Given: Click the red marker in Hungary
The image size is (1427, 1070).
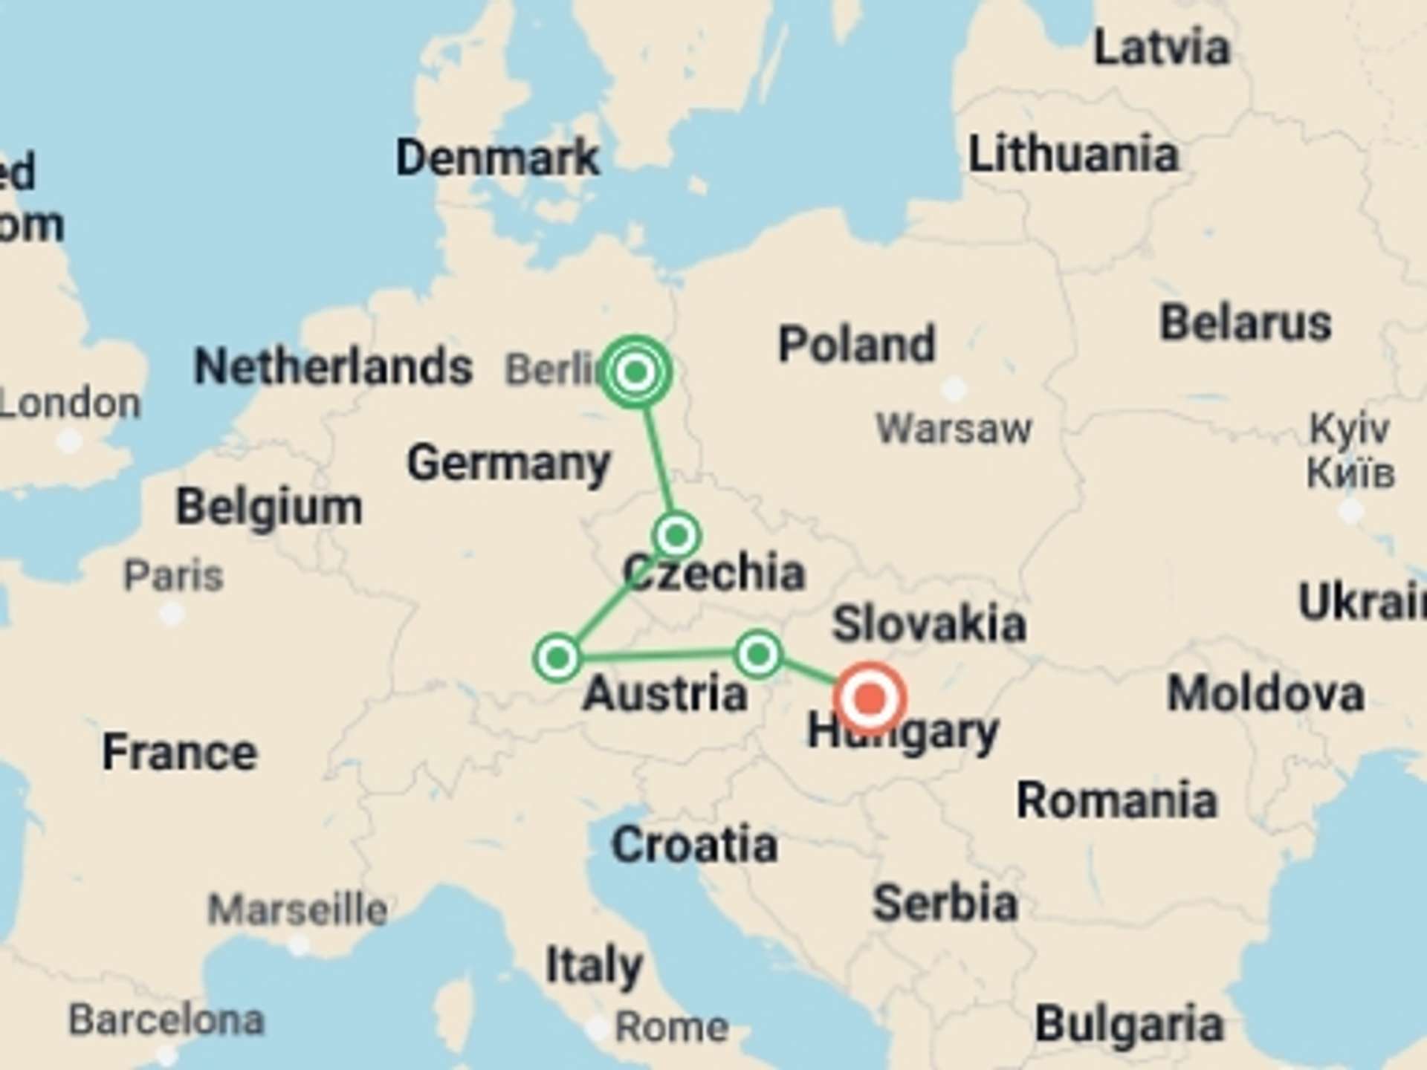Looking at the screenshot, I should click(870, 698).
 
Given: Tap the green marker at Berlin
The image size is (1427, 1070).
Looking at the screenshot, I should click(635, 372).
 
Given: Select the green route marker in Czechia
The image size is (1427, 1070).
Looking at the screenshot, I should click(676, 535).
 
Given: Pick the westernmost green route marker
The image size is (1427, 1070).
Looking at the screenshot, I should click(557, 658).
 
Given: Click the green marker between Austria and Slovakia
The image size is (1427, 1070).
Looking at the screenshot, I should click(757, 655).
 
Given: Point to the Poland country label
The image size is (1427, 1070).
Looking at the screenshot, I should click(856, 344).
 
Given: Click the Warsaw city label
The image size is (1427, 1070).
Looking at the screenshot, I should click(954, 429).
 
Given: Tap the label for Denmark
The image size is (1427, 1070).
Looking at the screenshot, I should click(497, 158).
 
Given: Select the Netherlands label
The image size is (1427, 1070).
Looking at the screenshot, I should click(332, 366).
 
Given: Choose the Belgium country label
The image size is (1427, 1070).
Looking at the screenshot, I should click(269, 508).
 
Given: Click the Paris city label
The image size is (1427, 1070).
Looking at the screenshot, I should click(173, 576).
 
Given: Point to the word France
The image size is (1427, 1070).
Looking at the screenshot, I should click(180, 752).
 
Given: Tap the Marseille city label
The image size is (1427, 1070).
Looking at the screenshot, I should click(297, 909).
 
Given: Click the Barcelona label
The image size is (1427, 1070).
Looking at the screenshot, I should click(166, 1019).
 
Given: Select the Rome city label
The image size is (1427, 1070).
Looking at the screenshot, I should click(672, 1027).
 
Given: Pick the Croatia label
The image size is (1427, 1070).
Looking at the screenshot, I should click(694, 845).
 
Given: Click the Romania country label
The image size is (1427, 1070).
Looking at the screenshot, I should click(1116, 801).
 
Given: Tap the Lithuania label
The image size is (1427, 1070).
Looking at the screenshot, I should click(1073, 155).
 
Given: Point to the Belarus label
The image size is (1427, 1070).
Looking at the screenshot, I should click(1246, 323).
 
